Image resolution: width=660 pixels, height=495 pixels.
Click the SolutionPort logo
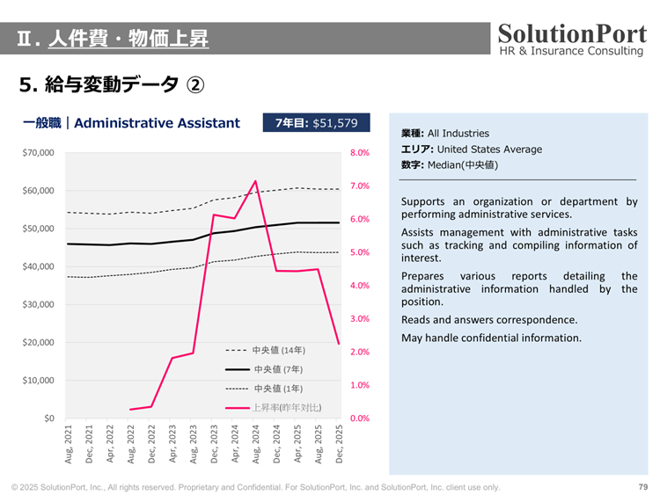(x=572, y=39)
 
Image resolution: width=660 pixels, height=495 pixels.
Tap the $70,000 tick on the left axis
(x=38, y=153)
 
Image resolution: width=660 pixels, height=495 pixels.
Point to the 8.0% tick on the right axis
(x=359, y=153)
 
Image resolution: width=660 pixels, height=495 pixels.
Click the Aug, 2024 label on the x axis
(x=256, y=443)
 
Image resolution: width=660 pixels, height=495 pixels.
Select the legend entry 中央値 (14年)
(x=277, y=350)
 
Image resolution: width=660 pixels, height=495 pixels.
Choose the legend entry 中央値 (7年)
(x=277, y=369)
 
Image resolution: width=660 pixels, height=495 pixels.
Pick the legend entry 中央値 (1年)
(x=277, y=389)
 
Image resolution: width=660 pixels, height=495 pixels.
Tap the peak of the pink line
(x=255, y=181)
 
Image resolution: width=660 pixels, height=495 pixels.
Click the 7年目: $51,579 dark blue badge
(x=317, y=123)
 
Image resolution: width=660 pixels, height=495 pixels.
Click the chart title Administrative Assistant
(x=157, y=123)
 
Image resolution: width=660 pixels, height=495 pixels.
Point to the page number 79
(x=642, y=487)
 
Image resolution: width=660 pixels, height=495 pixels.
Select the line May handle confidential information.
(x=491, y=338)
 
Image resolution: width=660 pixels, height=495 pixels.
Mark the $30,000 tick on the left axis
(x=38, y=304)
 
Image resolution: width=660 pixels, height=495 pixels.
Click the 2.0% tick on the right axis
(x=359, y=352)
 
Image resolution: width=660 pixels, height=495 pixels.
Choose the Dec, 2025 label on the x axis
(x=340, y=443)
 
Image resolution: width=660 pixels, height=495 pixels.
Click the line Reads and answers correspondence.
(x=489, y=320)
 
